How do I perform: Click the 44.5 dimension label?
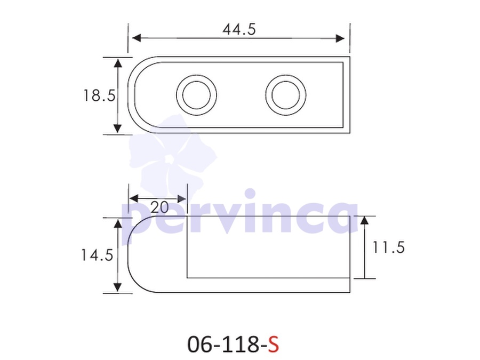(239, 30)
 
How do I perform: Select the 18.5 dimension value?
(99, 95)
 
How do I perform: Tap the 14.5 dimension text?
(97, 255)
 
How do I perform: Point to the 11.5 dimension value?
(388, 247)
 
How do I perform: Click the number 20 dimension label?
(159, 207)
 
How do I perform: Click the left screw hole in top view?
(196, 95)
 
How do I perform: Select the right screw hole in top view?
(286, 95)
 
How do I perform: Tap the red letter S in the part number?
(274, 345)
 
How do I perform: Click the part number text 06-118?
(223, 345)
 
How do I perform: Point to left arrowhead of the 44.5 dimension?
(136, 38)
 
